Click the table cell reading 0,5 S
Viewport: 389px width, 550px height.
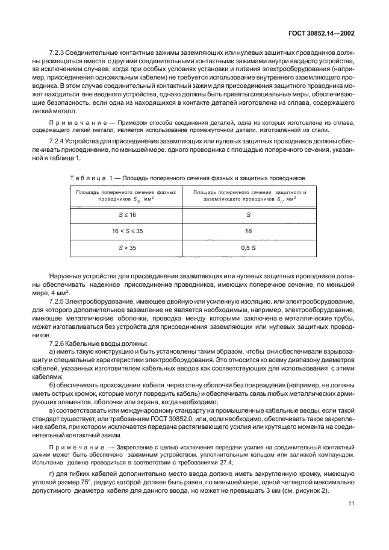coord(249,247)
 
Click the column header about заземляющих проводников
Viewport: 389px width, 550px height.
coord(249,196)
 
